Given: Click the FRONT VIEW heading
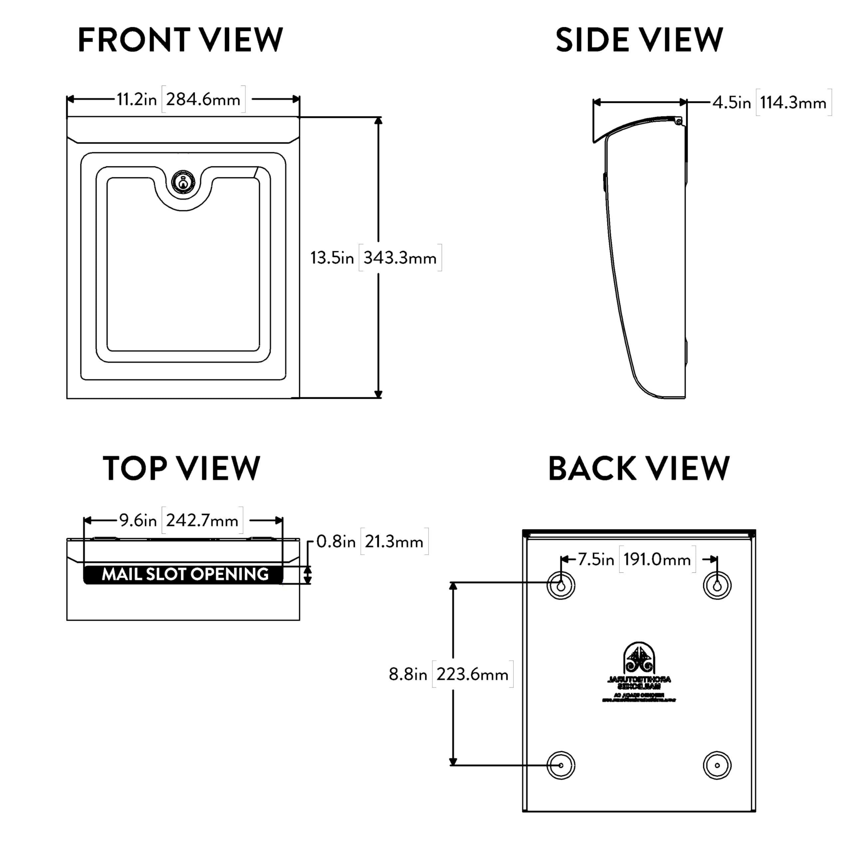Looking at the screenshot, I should coord(180,40).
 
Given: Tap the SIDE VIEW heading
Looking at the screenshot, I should coord(639,40).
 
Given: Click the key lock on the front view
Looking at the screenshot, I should coord(183,182).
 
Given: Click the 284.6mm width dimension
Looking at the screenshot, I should coord(203,100).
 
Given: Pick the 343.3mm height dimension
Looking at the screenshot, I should coord(400,258).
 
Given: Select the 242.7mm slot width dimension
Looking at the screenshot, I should coord(202,521).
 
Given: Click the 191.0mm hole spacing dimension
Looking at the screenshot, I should coord(657,559).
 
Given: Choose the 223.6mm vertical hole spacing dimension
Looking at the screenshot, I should coord(472,674).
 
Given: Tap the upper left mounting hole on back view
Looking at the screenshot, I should coord(561,586).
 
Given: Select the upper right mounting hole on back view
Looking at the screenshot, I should coord(717,586).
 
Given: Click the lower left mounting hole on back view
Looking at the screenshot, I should coord(561,765).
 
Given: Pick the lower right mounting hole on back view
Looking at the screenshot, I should coord(717,765).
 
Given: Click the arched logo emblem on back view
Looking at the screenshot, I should coord(639,658).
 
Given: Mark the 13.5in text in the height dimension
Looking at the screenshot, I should coord(332,258).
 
